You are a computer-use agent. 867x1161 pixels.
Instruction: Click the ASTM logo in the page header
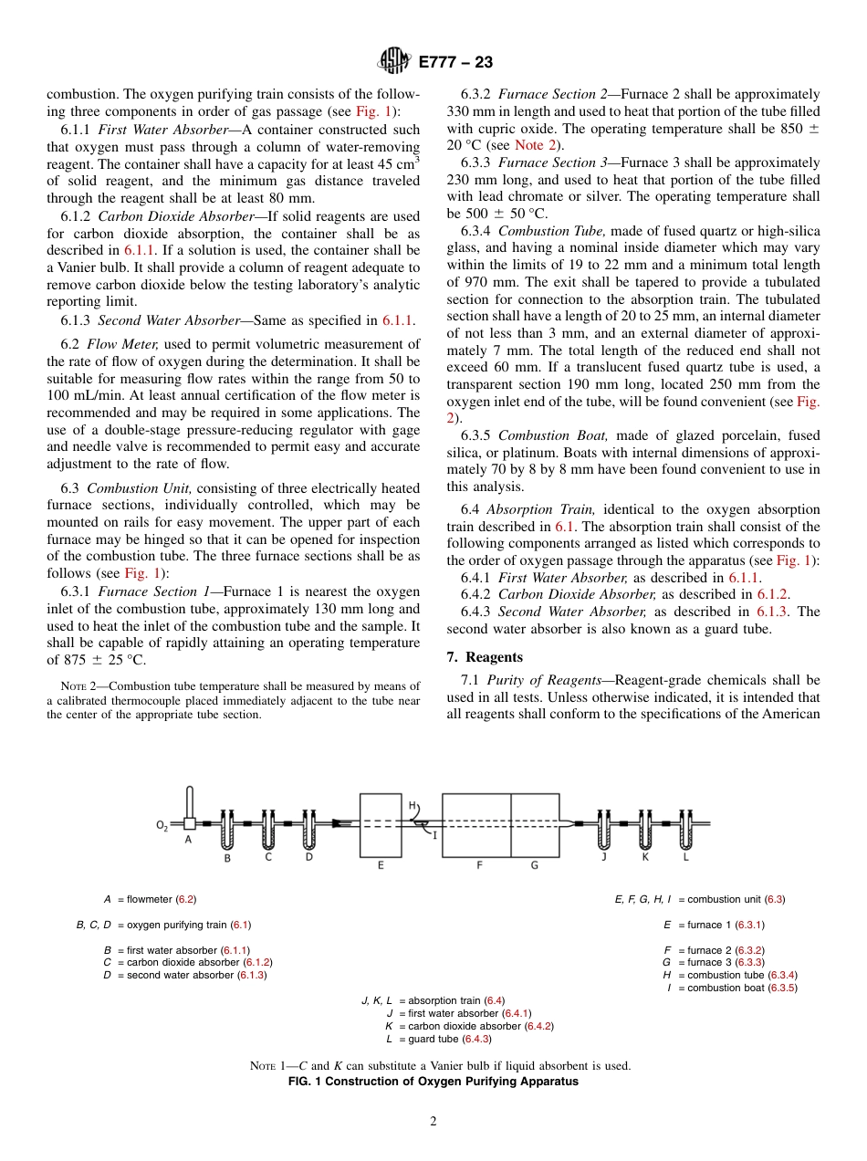click(x=394, y=62)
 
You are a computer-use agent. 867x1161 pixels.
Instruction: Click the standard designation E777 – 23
click(x=455, y=62)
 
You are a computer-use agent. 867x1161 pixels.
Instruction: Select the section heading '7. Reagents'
click(x=484, y=657)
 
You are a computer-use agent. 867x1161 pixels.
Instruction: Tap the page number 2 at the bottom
click(x=433, y=1121)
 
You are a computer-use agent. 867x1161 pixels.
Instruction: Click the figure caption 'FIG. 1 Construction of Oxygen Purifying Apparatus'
click(x=433, y=1081)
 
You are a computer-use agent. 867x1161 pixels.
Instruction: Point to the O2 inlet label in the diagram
click(x=162, y=826)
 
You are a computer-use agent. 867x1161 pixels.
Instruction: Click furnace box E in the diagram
click(x=381, y=824)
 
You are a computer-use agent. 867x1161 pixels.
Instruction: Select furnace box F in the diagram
click(x=476, y=824)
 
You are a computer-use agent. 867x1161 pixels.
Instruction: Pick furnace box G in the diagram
click(x=536, y=824)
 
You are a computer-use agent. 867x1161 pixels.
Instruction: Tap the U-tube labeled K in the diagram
click(x=645, y=830)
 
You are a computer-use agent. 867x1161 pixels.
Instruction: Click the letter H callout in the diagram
click(x=412, y=806)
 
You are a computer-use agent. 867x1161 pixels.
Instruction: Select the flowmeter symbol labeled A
click(x=189, y=822)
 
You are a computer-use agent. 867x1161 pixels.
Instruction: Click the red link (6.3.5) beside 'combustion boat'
click(x=782, y=988)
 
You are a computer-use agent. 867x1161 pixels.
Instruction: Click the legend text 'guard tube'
click(x=433, y=1039)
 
